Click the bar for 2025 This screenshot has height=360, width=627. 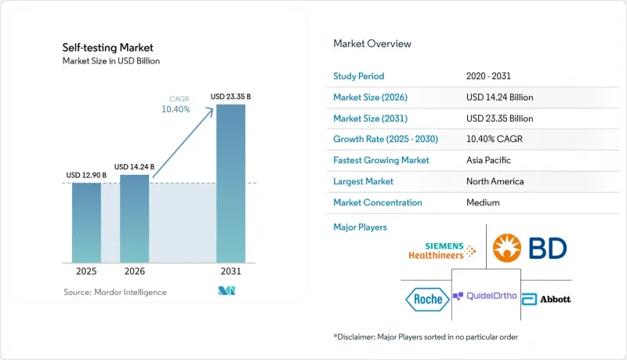pyautogui.click(x=86, y=223)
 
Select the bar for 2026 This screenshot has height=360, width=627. pyautogui.click(x=134, y=219)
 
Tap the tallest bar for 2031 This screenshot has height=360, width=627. pyautogui.click(x=230, y=184)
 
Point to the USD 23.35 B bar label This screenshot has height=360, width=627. pyautogui.click(x=230, y=96)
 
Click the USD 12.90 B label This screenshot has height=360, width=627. pyautogui.click(x=86, y=175)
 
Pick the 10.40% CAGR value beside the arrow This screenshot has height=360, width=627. pyautogui.click(x=176, y=109)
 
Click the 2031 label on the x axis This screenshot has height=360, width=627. pyautogui.click(x=230, y=271)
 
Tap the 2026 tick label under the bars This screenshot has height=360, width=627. pyautogui.click(x=134, y=271)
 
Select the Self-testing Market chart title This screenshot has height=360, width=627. pyautogui.click(x=107, y=48)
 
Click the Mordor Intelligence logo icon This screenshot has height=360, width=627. pyautogui.click(x=227, y=291)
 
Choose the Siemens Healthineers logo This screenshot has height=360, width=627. pyautogui.click(x=442, y=251)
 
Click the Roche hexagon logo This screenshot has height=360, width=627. pyautogui.click(x=427, y=299)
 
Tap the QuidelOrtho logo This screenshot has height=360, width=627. pyautogui.click(x=484, y=296)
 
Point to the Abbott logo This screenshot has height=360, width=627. pyautogui.click(x=546, y=299)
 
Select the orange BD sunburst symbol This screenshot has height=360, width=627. pyautogui.click(x=506, y=248)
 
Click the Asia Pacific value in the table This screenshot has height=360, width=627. pyautogui.click(x=488, y=160)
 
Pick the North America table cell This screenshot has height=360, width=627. pyautogui.click(x=495, y=181)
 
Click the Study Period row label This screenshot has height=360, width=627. pyautogui.click(x=359, y=76)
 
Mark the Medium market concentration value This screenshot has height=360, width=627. pyautogui.click(x=483, y=202)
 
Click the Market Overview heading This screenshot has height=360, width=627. pyautogui.click(x=372, y=44)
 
